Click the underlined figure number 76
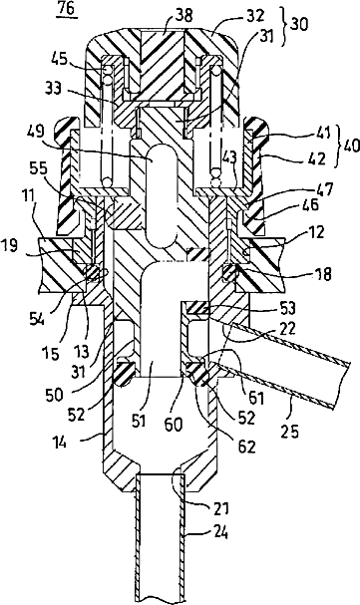[x=67, y=9]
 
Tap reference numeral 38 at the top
[x=184, y=15]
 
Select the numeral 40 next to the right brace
[x=350, y=147]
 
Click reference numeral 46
[x=310, y=204]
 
